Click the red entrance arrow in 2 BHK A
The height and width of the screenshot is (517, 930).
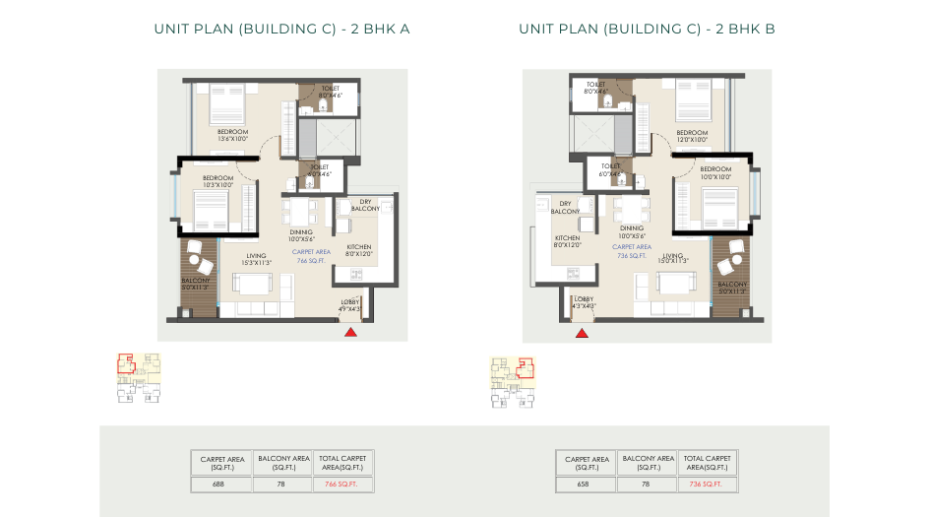[350, 333]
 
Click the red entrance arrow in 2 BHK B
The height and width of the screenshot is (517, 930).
[582, 333]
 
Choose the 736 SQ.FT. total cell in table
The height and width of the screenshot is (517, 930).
[707, 484]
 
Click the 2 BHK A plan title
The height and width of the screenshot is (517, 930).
[281, 29]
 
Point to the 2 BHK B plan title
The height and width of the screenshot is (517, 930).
[647, 29]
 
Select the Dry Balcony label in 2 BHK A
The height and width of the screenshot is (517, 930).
[365, 206]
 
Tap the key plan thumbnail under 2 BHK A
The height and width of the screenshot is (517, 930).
[139, 378]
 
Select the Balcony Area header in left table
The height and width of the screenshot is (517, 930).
[282, 462]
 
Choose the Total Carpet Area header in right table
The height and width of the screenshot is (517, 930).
[707, 462]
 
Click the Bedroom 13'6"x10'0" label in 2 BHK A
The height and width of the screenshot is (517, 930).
[232, 135]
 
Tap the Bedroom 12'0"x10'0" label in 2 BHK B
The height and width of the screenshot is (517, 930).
[692, 136]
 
